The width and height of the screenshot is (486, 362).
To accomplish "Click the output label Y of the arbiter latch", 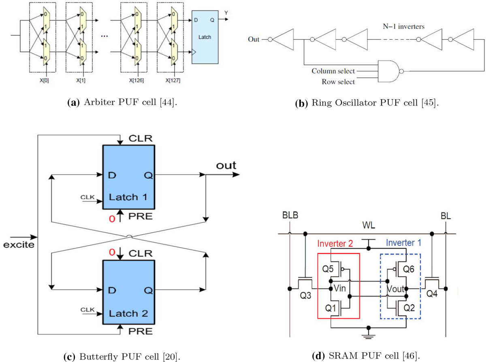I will point(226,13).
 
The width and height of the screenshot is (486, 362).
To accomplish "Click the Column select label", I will point(333,71).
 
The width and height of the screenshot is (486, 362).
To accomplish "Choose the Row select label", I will point(338,82).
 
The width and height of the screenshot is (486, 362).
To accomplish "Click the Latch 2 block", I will point(128,292).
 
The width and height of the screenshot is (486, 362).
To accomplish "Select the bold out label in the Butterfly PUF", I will point(226,165).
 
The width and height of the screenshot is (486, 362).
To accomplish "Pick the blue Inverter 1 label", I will point(401,243).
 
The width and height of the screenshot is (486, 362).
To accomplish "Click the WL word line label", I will point(368,224).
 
